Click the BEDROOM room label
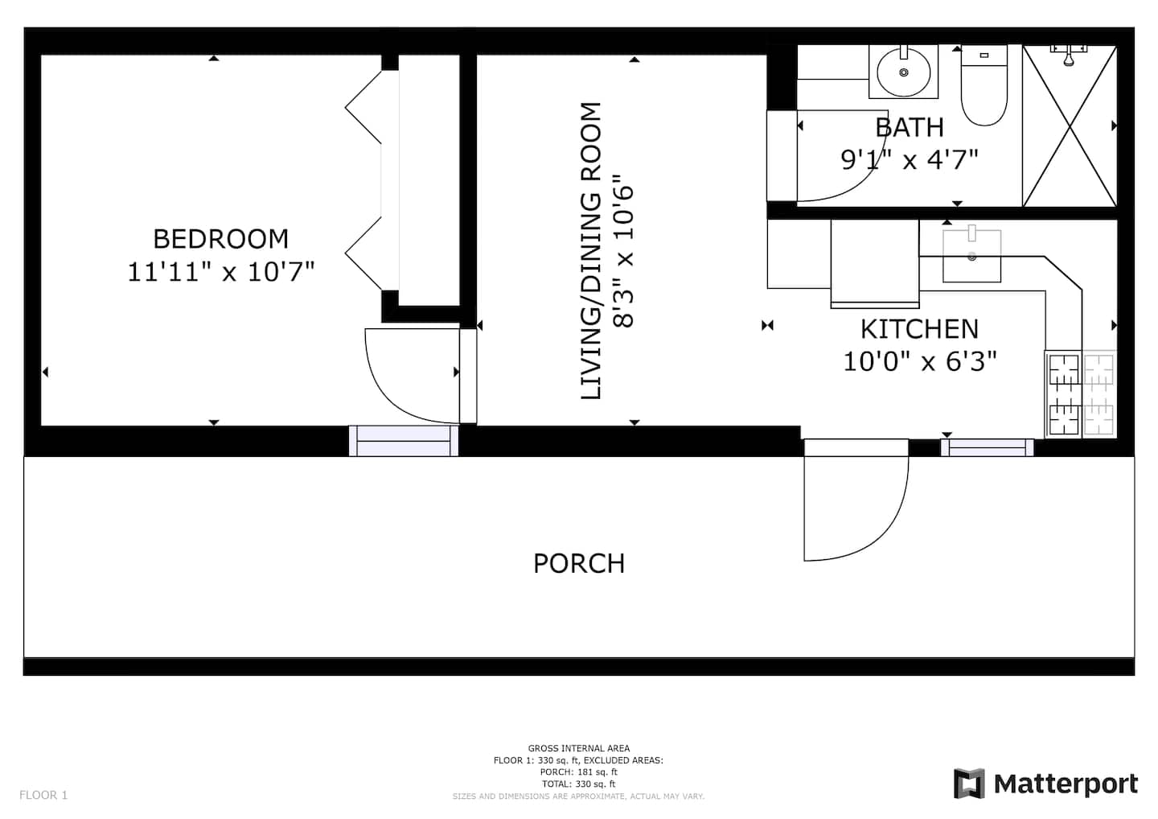click(x=220, y=239)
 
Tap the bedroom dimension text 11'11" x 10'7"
click(x=220, y=271)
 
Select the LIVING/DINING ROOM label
click(x=591, y=251)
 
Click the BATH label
click(x=910, y=127)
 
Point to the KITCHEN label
click(x=919, y=329)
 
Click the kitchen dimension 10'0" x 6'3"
click(x=920, y=361)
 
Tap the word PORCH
click(x=579, y=564)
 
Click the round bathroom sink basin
click(x=904, y=72)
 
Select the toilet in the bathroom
click(x=984, y=86)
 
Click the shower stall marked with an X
click(x=1070, y=126)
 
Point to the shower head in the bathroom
click(x=1069, y=56)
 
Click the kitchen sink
click(x=972, y=257)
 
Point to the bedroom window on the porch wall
click(x=403, y=441)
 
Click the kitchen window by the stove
click(x=988, y=448)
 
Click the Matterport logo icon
click(x=969, y=784)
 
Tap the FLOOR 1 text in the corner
click(x=43, y=795)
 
